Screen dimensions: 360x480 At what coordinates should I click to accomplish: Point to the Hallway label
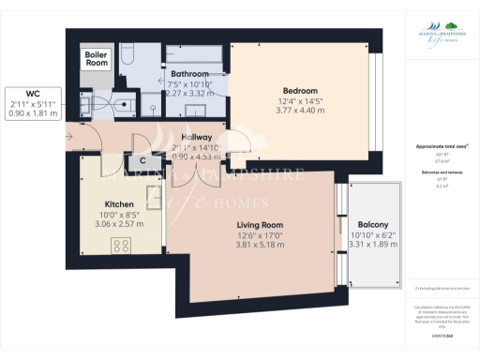[x=195, y=137]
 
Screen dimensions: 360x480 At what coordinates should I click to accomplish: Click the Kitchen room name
[x=119, y=203]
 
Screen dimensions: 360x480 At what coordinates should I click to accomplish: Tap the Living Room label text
[x=247, y=225]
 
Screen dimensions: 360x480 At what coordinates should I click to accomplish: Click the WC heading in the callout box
[x=33, y=93]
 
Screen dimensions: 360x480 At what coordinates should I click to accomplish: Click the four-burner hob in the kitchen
[x=121, y=246]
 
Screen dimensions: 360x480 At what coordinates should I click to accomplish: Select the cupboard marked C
[x=142, y=160]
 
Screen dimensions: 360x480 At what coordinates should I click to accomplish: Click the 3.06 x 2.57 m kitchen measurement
[x=119, y=225]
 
